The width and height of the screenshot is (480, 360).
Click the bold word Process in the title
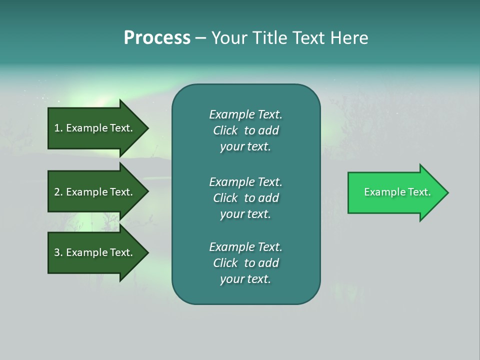(x=157, y=38)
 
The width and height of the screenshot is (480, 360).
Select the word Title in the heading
(x=269, y=38)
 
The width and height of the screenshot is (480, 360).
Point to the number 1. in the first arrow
(x=58, y=128)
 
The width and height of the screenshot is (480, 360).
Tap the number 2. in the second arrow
(x=58, y=192)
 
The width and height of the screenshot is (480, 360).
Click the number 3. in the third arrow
(x=58, y=252)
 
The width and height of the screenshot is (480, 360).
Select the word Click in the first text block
(x=225, y=130)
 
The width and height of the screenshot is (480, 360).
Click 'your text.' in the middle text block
(x=245, y=214)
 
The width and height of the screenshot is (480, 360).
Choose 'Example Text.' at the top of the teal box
(x=245, y=114)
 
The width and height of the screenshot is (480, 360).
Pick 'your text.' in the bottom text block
(x=245, y=279)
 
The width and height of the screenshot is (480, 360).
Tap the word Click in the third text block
(x=225, y=263)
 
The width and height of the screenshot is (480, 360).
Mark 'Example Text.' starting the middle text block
(x=245, y=181)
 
